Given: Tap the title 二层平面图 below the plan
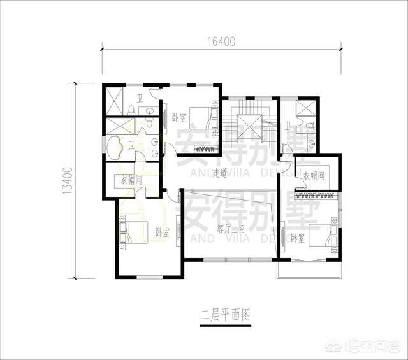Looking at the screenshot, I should coord(224,315).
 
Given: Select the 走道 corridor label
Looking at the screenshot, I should coord(220,173).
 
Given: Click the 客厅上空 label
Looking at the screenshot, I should coord(230,228).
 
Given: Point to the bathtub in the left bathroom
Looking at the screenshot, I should coord(117,148).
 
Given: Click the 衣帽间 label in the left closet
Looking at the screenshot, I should coord(131,180).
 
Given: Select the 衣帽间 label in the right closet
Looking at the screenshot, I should coord(316,176).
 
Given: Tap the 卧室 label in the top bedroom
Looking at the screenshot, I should coord(178,118).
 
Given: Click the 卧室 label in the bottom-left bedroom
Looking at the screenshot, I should coord(162,233).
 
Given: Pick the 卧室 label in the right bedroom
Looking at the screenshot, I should coord(296,238).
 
